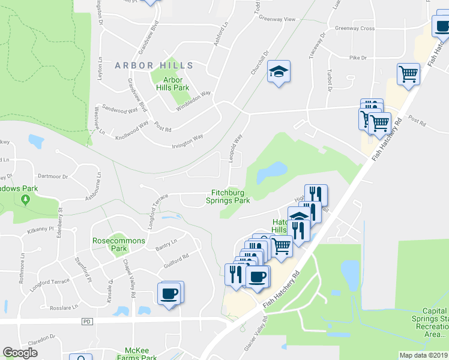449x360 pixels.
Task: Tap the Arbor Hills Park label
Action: [x=173, y=83]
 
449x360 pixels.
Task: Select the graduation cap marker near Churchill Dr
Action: [x=279, y=72]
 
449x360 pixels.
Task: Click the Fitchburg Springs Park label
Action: [x=231, y=197]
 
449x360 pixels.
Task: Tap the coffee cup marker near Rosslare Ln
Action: [x=169, y=293]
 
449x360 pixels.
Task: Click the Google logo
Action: [x=20, y=353]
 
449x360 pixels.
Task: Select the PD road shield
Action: [x=88, y=322]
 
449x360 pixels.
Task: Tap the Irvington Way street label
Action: [x=185, y=139]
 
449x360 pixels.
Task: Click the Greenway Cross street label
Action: [x=354, y=28]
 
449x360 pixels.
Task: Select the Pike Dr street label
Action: [x=358, y=58]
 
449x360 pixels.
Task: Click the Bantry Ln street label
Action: [x=166, y=245]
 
